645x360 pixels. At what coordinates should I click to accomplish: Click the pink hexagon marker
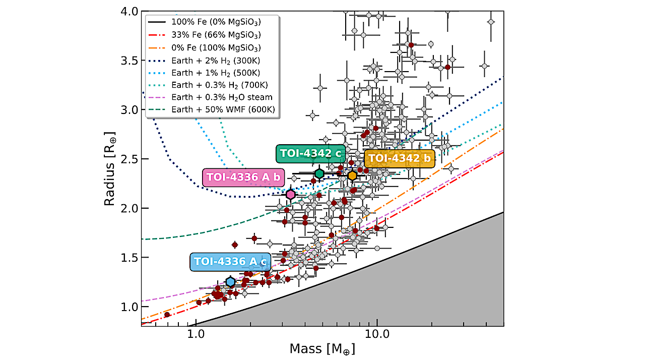click(x=290, y=195)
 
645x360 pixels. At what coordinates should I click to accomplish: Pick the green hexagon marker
click(x=319, y=174)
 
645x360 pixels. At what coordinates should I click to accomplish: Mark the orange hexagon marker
click(x=352, y=175)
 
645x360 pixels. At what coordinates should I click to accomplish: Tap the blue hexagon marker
click(x=230, y=282)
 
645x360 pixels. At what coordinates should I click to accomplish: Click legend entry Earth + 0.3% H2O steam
click(x=222, y=97)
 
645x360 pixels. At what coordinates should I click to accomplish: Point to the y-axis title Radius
click(x=110, y=169)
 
